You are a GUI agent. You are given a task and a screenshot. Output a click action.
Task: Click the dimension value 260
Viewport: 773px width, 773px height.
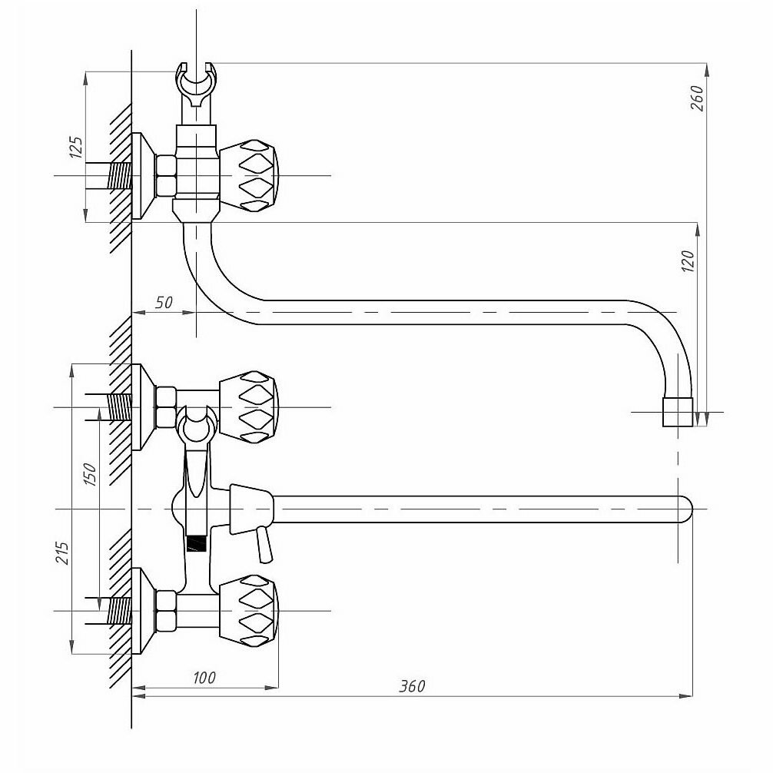[x=697, y=98]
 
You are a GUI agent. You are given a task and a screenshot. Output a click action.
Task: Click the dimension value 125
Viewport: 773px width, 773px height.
[x=75, y=147]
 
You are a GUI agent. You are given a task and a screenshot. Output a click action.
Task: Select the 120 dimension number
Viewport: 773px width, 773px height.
[x=688, y=261]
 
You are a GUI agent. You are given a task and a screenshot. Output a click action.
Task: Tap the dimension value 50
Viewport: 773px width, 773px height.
[x=164, y=303]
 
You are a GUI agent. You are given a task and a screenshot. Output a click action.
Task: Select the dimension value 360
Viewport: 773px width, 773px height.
[x=412, y=686]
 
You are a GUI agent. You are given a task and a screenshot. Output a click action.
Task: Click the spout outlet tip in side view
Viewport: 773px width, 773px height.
[x=678, y=412]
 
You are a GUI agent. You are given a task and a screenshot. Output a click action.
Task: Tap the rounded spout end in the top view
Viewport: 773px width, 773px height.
[x=684, y=509]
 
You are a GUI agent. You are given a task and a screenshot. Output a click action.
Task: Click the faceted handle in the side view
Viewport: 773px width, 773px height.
[x=250, y=175]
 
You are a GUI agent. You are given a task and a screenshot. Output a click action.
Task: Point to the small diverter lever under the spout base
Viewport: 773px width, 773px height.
[x=264, y=544]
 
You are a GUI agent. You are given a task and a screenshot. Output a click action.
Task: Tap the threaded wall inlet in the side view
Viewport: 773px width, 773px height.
[x=118, y=176]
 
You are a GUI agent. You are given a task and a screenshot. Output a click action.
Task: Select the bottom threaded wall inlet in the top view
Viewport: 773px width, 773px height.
[x=118, y=612]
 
